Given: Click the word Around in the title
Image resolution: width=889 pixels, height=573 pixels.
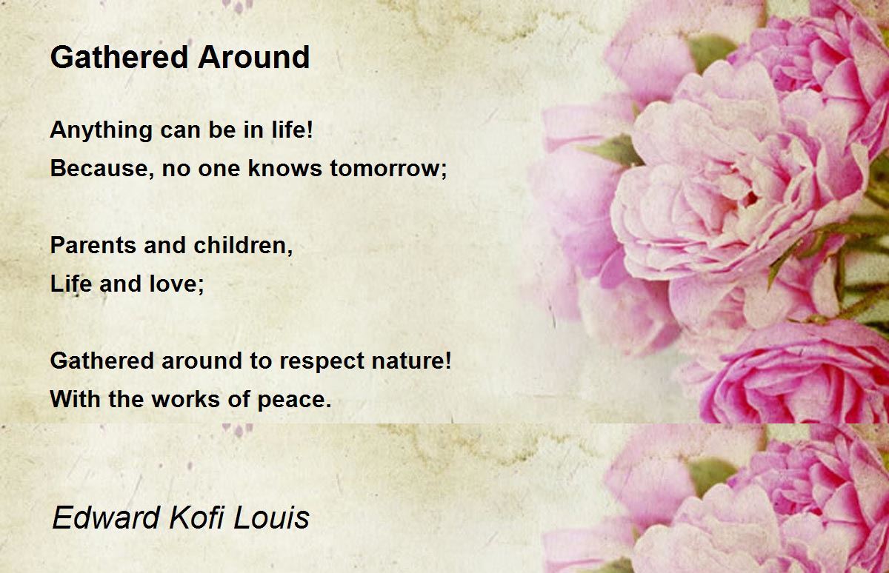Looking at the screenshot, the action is [x=254, y=57].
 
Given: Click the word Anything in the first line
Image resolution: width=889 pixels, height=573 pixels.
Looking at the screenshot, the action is [x=101, y=130].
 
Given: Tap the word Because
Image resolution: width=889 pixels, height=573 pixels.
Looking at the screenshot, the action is [x=102, y=168].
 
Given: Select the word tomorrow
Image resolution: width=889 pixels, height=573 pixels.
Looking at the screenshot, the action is [x=388, y=168].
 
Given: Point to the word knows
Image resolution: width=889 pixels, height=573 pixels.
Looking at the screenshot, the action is [x=284, y=168].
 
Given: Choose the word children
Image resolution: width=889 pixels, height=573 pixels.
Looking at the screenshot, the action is [x=243, y=245].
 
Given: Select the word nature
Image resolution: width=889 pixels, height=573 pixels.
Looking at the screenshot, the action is [x=411, y=361].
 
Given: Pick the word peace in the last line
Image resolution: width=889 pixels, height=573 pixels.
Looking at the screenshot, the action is [x=294, y=400].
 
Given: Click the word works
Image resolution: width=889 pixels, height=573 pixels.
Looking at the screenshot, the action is [x=186, y=399].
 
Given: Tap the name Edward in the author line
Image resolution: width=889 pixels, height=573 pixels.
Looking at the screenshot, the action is [x=106, y=517].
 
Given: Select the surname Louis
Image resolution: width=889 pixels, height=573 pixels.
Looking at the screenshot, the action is [x=271, y=517].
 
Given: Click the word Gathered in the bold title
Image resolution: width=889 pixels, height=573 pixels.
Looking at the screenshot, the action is [x=119, y=57].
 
